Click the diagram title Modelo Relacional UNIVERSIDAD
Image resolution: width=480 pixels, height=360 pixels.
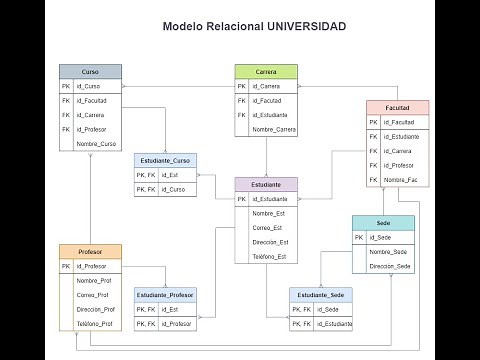(x=255, y=26)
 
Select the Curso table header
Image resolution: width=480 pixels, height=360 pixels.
(x=90, y=72)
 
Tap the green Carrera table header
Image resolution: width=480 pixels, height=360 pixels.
(x=266, y=72)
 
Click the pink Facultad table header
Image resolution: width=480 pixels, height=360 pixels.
(x=397, y=107)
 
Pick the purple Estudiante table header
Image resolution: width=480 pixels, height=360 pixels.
(x=266, y=185)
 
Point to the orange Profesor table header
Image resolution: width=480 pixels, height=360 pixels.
(x=90, y=251)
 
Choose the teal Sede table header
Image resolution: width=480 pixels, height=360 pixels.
(x=383, y=222)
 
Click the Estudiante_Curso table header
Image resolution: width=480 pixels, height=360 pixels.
(x=165, y=160)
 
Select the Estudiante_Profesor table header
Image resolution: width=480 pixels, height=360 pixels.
(x=165, y=294)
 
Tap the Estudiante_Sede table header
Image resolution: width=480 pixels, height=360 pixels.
(x=321, y=294)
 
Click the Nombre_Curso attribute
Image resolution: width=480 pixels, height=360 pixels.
(x=96, y=144)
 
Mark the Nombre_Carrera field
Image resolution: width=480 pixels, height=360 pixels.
(x=274, y=129)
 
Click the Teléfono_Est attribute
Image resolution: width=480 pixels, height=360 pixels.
(x=270, y=257)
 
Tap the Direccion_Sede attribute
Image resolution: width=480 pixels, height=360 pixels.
(x=390, y=266)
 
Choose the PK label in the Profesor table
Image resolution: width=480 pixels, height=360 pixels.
(x=66, y=266)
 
